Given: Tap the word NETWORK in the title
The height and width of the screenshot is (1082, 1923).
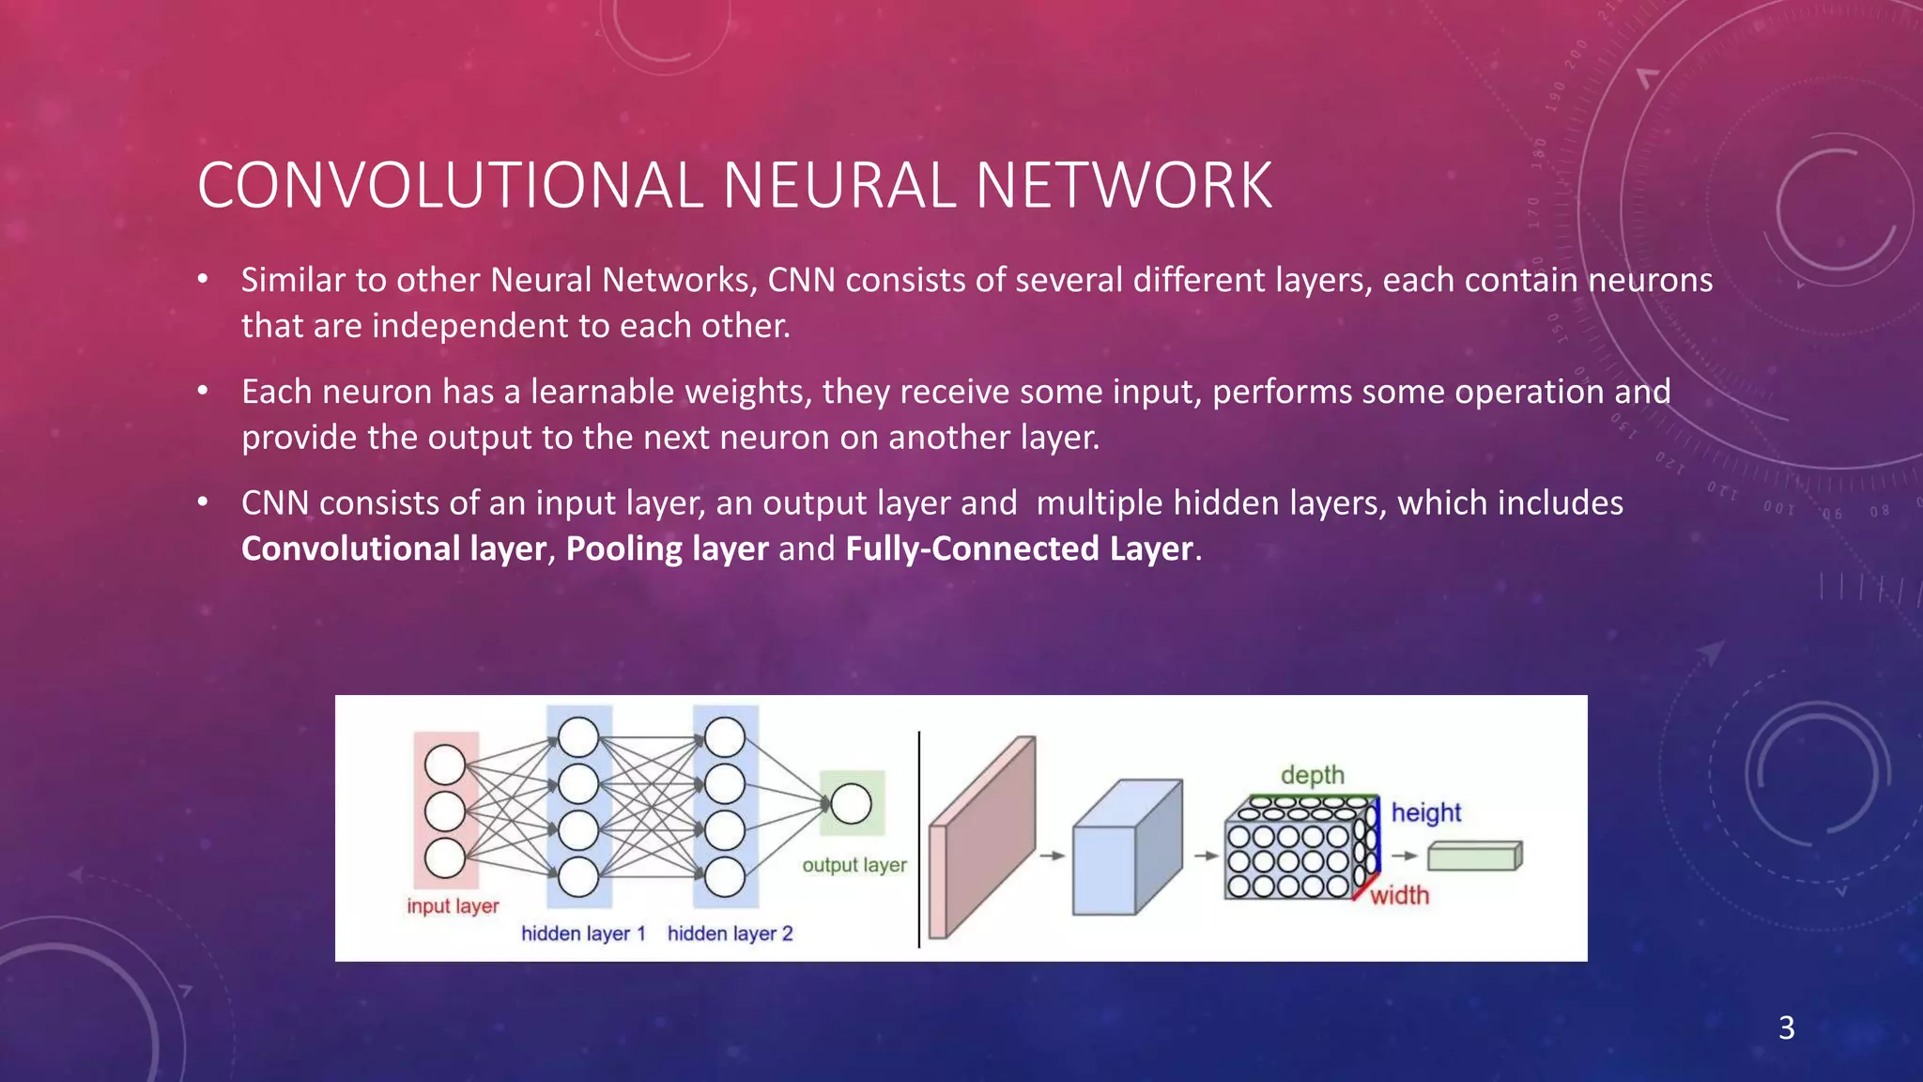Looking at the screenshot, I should [x=1124, y=185].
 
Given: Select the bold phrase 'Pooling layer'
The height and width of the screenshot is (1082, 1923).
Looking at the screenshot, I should [x=667, y=549].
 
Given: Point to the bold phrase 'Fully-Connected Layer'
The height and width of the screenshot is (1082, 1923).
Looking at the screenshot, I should [x=1020, y=549].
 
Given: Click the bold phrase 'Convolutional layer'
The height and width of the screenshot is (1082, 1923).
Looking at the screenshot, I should [x=393, y=549].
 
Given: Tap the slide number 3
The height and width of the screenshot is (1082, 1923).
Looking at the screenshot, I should [x=1786, y=1028].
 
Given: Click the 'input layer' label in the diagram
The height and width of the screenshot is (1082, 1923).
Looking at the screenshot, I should [x=453, y=906].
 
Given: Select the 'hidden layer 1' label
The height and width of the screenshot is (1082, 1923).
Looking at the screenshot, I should [x=583, y=934].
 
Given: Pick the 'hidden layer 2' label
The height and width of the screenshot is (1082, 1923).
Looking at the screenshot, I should [x=730, y=934].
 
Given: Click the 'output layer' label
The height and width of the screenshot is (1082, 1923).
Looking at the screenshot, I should [x=854, y=865].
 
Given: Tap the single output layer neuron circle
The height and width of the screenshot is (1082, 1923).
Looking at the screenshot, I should [x=851, y=804].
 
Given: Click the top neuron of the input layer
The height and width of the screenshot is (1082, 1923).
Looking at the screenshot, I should [x=445, y=765].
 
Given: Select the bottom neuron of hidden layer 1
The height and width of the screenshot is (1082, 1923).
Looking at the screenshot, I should [x=578, y=877].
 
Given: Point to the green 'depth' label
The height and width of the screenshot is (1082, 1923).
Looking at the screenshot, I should [x=1312, y=775].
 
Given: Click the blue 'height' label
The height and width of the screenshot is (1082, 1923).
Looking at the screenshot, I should [x=1425, y=812].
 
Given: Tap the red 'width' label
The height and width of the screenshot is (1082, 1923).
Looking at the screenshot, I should [x=1399, y=895].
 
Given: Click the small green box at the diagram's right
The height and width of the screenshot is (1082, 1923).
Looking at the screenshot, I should [x=1474, y=856].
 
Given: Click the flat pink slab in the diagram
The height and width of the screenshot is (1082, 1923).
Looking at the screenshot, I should [x=981, y=838].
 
